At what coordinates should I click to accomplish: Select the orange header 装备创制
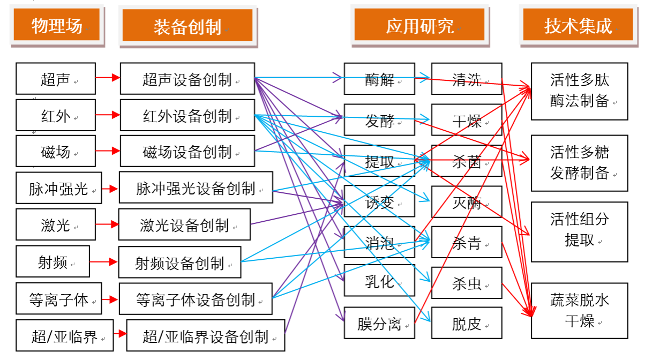(x=187, y=25)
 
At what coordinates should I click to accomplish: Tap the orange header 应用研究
(x=419, y=25)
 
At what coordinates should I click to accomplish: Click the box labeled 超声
(x=56, y=79)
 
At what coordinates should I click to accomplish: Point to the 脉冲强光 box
(x=58, y=188)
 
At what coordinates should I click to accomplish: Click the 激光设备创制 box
(x=184, y=225)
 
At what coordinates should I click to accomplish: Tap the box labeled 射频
(x=52, y=262)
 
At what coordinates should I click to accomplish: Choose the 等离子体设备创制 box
(x=195, y=299)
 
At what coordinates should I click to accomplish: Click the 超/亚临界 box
(x=64, y=336)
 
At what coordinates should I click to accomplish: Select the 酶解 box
(x=379, y=79)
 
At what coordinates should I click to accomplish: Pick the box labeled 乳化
(x=379, y=281)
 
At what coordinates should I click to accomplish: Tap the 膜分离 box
(x=379, y=323)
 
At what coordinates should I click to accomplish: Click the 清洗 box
(x=467, y=79)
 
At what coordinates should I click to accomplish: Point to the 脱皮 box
(x=467, y=323)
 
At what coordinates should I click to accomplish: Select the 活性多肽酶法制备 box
(x=579, y=91)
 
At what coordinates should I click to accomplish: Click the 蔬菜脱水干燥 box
(x=579, y=311)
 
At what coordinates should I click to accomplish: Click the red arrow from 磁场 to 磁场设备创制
(x=108, y=152)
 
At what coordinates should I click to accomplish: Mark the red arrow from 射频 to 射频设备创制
(x=104, y=262)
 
